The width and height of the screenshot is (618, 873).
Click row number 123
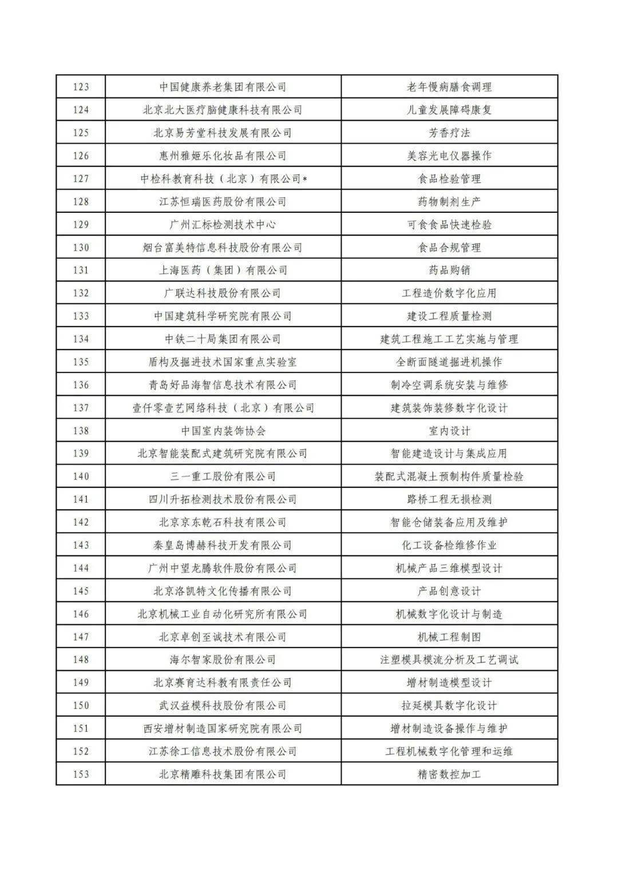[x=81, y=87]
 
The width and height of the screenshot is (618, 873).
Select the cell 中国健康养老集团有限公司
[x=223, y=87]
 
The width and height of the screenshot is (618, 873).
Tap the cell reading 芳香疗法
[x=449, y=133]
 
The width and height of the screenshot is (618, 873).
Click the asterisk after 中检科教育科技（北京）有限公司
[x=306, y=179]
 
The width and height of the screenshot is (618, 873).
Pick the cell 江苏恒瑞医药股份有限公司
[x=223, y=201]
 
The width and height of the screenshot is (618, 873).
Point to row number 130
[x=81, y=247]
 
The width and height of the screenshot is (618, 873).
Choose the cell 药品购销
[x=449, y=270]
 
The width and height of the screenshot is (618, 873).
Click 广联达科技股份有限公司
[x=223, y=293]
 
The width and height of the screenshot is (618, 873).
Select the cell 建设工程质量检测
[x=449, y=316]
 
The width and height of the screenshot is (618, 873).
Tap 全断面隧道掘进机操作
[x=449, y=362]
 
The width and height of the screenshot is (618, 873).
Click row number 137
[x=81, y=407]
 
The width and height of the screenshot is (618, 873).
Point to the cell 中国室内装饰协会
[x=223, y=430]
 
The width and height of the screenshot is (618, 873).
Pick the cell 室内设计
[x=449, y=430]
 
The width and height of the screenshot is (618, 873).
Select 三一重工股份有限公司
[x=223, y=476]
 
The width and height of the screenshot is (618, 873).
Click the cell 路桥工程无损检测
[x=449, y=499]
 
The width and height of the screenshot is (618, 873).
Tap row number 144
[x=81, y=568]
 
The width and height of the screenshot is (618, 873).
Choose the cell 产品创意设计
[x=449, y=591]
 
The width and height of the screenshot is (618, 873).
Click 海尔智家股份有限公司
[x=223, y=660]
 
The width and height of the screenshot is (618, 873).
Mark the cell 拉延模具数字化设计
[x=449, y=705]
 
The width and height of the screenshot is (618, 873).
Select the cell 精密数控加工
[x=449, y=774]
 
